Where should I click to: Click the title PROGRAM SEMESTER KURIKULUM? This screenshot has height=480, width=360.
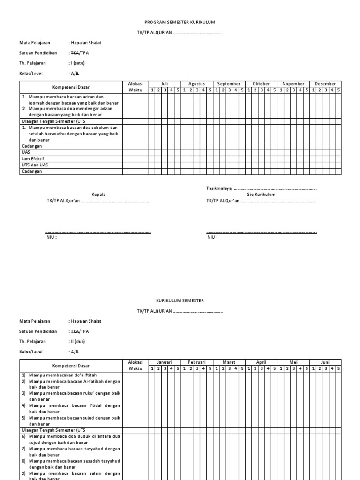coord(180,22)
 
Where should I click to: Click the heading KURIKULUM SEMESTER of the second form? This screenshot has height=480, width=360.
coord(180,300)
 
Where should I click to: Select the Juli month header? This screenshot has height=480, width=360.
coord(164,84)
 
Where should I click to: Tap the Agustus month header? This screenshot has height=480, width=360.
coord(197,84)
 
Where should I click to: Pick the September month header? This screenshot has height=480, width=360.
coord(229,84)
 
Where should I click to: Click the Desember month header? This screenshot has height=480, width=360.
coord(325,84)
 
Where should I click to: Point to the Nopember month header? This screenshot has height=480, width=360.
coord(293,84)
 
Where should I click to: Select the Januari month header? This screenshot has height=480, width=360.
coord(164,362)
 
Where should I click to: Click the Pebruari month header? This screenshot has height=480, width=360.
coord(197,362)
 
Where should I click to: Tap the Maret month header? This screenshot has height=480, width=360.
coord(229,362)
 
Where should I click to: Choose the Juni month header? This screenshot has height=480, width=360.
coord(325,362)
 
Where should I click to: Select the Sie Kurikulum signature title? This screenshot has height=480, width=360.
coord(261,194)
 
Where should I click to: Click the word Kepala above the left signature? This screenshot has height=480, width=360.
coord(98,194)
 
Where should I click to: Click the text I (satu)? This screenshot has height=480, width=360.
coord(78,63)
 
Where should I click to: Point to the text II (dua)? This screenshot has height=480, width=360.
coord(78,341)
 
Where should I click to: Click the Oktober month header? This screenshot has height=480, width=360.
coord(261,84)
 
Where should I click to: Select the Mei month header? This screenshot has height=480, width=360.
coord(293,362)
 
